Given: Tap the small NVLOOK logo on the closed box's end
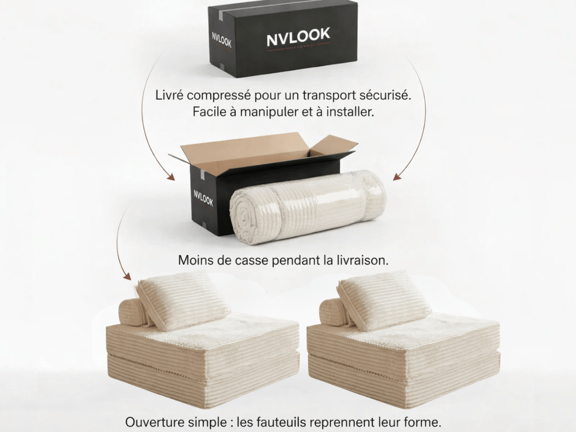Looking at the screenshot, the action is coord(222,40).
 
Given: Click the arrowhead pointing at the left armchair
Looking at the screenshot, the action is coord(127,276).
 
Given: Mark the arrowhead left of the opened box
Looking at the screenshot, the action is coord(170,177).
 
